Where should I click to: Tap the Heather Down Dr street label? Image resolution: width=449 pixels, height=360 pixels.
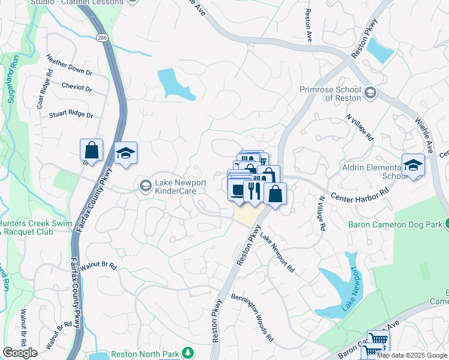pyautogui.click(x=69, y=64)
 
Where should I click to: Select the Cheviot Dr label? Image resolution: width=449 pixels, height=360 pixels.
pyautogui.click(x=76, y=87)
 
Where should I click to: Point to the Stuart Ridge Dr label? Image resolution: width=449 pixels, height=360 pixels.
pyautogui.click(x=71, y=113)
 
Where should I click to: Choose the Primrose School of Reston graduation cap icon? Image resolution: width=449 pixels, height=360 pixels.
pyautogui.click(x=370, y=92)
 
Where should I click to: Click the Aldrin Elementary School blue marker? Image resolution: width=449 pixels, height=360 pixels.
pyautogui.click(x=413, y=164)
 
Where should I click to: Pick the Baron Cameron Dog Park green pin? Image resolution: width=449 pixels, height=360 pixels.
pyautogui.click(x=447, y=225)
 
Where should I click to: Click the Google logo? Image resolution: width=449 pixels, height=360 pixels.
pyautogui.click(x=20, y=353)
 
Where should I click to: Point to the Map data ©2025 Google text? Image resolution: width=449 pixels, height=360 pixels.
pyautogui.click(x=412, y=355)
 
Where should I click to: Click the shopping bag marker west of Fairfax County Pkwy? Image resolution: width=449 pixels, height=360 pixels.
pyautogui.click(x=91, y=150)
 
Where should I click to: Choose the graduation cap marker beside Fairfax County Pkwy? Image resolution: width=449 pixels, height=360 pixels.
pyautogui.click(x=125, y=154)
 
